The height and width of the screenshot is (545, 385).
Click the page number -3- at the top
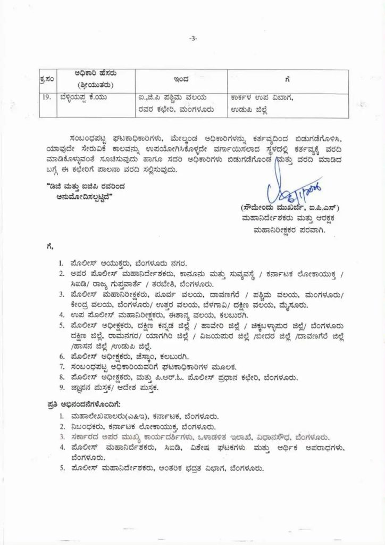click(x=192, y=38)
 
